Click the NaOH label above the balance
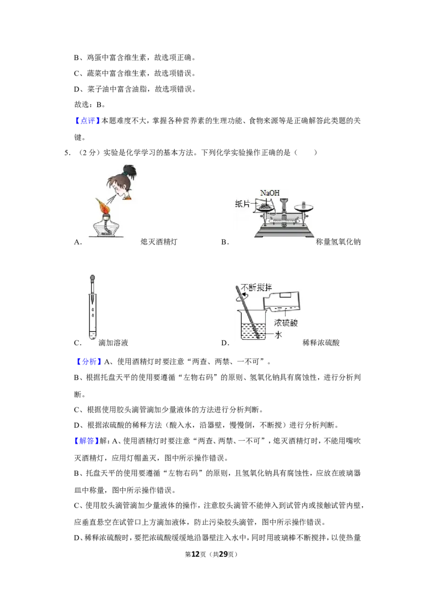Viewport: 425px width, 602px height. pyautogui.click(x=270, y=193)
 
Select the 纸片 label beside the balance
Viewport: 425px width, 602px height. pyautogui.click(x=242, y=204)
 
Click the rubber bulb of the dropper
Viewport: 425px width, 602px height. pyautogui.click(x=92, y=278)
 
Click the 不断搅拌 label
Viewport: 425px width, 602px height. pyautogui.click(x=256, y=287)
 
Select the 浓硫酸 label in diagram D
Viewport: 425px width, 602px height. pyautogui.click(x=286, y=322)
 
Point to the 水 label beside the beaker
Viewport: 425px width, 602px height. pyautogui.click(x=278, y=335)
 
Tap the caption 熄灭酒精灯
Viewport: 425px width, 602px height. pyautogui.click(x=159, y=242)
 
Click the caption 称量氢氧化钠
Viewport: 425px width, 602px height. pyautogui.click(x=338, y=242)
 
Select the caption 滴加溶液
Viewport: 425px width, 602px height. pyautogui.click(x=113, y=343)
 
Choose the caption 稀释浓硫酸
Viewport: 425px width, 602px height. pyautogui.click(x=321, y=343)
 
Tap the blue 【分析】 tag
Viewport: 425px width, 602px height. pyautogui.click(x=89, y=361)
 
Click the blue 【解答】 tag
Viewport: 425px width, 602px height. pyautogui.click(x=86, y=441)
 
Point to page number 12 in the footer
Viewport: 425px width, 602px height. pyautogui.click(x=195, y=554)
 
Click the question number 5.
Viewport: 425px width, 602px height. pyautogui.click(x=67, y=153)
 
